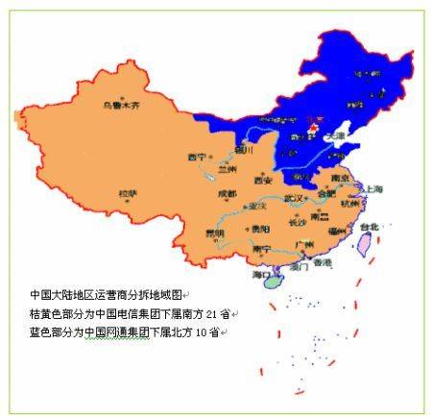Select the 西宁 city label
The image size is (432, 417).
(197, 157)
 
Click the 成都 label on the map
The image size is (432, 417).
(227, 193)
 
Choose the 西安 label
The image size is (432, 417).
(263, 180)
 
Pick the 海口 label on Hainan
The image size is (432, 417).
(262, 275)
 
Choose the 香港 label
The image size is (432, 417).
(323, 262)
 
